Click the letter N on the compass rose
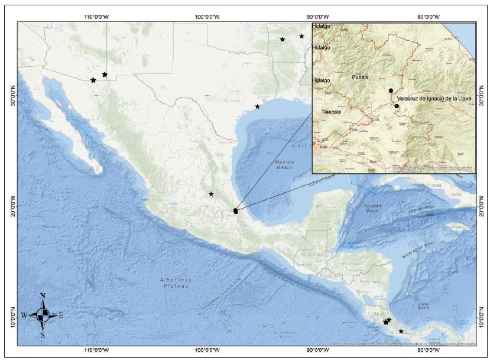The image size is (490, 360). pyautogui.click(x=43, y=296)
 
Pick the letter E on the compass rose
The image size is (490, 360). pyautogui.click(x=61, y=316)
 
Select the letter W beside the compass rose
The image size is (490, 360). pyautogui.click(x=24, y=316)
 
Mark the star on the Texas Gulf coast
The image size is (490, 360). pyautogui.click(x=258, y=106)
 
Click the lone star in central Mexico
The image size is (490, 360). pyautogui.click(x=211, y=194)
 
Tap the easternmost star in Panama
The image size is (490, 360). pyautogui.click(x=401, y=331)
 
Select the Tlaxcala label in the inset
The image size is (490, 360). pyautogui.click(x=332, y=111)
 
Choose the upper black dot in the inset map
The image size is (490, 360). pyautogui.click(x=391, y=90)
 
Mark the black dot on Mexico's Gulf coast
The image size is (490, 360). pyautogui.click(x=235, y=210)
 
